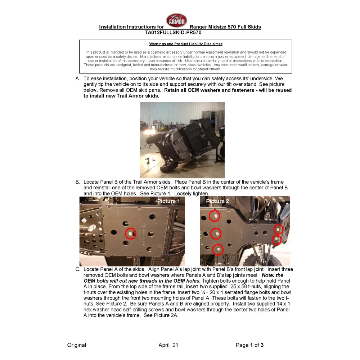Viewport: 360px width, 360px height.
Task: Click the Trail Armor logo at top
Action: point(176,21)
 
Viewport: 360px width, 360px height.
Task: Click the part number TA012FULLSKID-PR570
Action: point(173,32)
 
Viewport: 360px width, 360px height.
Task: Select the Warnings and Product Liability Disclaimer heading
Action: point(186,44)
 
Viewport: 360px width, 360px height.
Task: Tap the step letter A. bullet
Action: point(77,78)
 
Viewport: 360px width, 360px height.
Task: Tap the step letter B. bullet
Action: point(77,182)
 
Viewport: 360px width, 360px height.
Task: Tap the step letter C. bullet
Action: point(77,269)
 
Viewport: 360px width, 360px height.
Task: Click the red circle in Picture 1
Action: point(131,234)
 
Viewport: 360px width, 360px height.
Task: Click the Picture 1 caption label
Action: point(168,202)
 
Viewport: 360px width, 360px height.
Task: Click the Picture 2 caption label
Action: point(217,201)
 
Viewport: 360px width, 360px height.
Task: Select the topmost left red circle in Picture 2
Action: point(215,216)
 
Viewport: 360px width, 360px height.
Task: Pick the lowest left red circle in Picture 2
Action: point(218,249)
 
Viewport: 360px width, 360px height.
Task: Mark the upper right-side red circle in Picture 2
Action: point(278,229)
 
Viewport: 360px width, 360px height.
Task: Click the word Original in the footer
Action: point(77,345)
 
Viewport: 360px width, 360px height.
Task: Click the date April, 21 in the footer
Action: point(168,345)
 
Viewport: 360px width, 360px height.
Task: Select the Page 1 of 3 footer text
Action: point(249,345)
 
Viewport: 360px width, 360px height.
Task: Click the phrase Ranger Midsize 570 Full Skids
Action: point(225,27)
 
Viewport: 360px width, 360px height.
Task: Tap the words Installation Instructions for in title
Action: point(131,27)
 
